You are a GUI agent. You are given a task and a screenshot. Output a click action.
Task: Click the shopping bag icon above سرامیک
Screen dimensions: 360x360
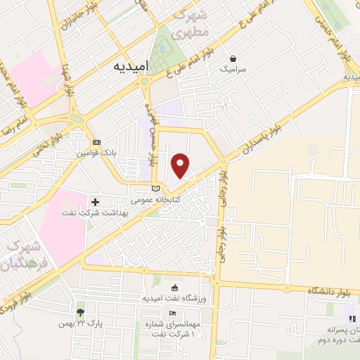pyautogui.click(x=233, y=58)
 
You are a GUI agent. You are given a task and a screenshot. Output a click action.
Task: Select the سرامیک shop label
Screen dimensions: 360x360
pyautogui.click(x=233, y=70)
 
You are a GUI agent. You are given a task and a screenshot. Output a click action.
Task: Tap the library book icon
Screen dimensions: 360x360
pyautogui.click(x=156, y=188)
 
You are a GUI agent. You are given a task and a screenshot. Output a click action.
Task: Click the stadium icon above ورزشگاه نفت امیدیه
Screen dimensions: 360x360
pyautogui.click(x=174, y=288)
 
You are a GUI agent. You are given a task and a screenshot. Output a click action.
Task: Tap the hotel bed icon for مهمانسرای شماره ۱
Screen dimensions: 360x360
pyautogui.click(x=174, y=313)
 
